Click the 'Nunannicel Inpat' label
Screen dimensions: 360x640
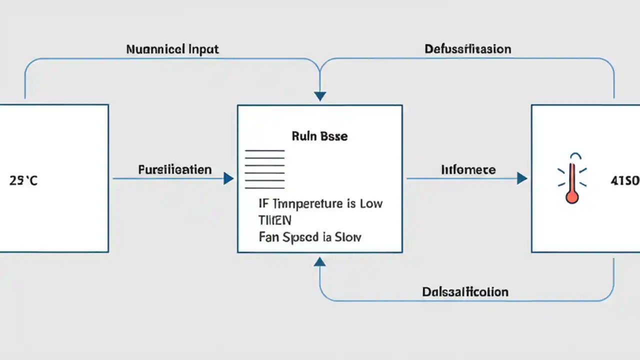(x=172, y=49)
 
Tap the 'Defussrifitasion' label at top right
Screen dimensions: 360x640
(x=467, y=49)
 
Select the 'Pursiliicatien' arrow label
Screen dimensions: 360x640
(x=174, y=169)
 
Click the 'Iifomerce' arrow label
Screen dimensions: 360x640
(x=468, y=169)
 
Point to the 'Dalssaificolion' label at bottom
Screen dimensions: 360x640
(x=465, y=291)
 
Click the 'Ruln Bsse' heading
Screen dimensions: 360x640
(x=319, y=136)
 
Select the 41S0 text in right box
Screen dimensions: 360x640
(x=625, y=181)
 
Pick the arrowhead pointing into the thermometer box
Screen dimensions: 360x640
(x=522, y=178)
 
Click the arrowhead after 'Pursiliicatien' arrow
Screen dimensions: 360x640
(x=228, y=178)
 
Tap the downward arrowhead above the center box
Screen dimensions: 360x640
(x=320, y=96)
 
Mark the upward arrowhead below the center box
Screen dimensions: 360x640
(x=320, y=261)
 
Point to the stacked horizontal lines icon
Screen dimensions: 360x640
(x=264, y=168)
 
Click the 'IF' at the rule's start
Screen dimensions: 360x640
(x=263, y=203)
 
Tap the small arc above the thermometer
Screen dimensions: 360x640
(x=572, y=155)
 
